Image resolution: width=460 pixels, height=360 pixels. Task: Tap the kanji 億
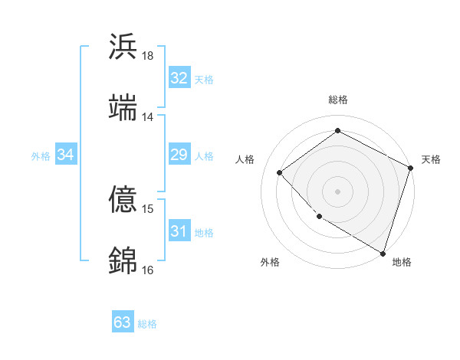pos(123,199)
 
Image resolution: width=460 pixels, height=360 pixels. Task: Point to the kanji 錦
pos(123,260)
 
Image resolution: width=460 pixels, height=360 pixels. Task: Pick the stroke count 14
pos(148,116)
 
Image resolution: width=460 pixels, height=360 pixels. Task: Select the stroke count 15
pos(148,208)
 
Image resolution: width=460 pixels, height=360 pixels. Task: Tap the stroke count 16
pos(148,270)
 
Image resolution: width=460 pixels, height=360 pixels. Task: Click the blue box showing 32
pos(179,78)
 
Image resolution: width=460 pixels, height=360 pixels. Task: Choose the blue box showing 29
pos(179,155)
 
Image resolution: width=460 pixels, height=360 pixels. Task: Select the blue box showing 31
pos(179,231)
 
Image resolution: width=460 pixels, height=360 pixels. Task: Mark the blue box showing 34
pos(66,155)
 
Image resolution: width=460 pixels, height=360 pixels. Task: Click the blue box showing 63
pos(123,322)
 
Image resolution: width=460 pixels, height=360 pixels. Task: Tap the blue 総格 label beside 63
pos(147,324)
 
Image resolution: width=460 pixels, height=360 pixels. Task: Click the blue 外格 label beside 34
pos(41,156)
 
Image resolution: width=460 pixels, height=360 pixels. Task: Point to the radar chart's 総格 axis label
pos(337,100)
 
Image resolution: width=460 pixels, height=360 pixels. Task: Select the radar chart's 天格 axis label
pos(431,159)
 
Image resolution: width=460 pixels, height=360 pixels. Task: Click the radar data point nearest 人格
pos(280,172)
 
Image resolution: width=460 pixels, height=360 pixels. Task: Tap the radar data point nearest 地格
pos(383,253)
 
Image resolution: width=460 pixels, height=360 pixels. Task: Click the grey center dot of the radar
pos(337,191)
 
